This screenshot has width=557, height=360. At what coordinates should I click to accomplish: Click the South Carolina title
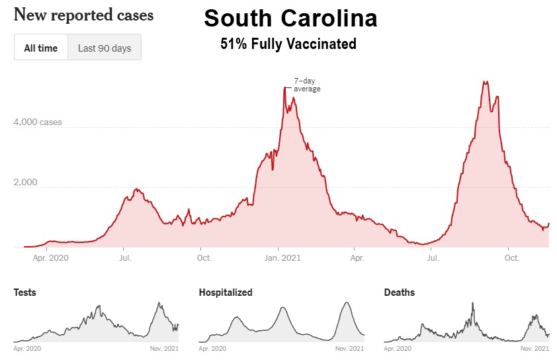[290, 19]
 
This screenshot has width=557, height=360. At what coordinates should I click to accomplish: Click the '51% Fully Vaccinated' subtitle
[288, 44]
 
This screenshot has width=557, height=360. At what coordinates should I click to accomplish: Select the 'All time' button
[41, 48]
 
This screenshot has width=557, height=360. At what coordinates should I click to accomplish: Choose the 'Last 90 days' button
[105, 48]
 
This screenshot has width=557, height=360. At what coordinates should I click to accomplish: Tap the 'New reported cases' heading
[83, 14]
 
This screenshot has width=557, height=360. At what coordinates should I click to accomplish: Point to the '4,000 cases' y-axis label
[38, 122]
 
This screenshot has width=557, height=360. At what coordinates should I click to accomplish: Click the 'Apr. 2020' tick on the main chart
[50, 258]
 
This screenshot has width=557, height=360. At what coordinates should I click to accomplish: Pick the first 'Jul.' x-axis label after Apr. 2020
[124, 258]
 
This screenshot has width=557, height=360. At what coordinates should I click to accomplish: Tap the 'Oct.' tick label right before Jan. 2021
[204, 258]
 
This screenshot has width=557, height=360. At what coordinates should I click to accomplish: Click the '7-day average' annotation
[307, 85]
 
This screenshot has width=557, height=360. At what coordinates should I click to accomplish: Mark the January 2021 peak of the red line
[285, 87]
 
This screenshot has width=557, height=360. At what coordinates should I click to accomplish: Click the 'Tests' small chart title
[25, 292]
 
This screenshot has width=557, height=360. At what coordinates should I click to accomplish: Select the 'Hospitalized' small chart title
[226, 292]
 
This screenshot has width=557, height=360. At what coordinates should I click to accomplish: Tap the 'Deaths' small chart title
[400, 292]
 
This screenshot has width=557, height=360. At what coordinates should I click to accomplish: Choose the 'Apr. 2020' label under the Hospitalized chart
[212, 348]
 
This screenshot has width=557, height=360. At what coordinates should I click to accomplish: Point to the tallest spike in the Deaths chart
[473, 303]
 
